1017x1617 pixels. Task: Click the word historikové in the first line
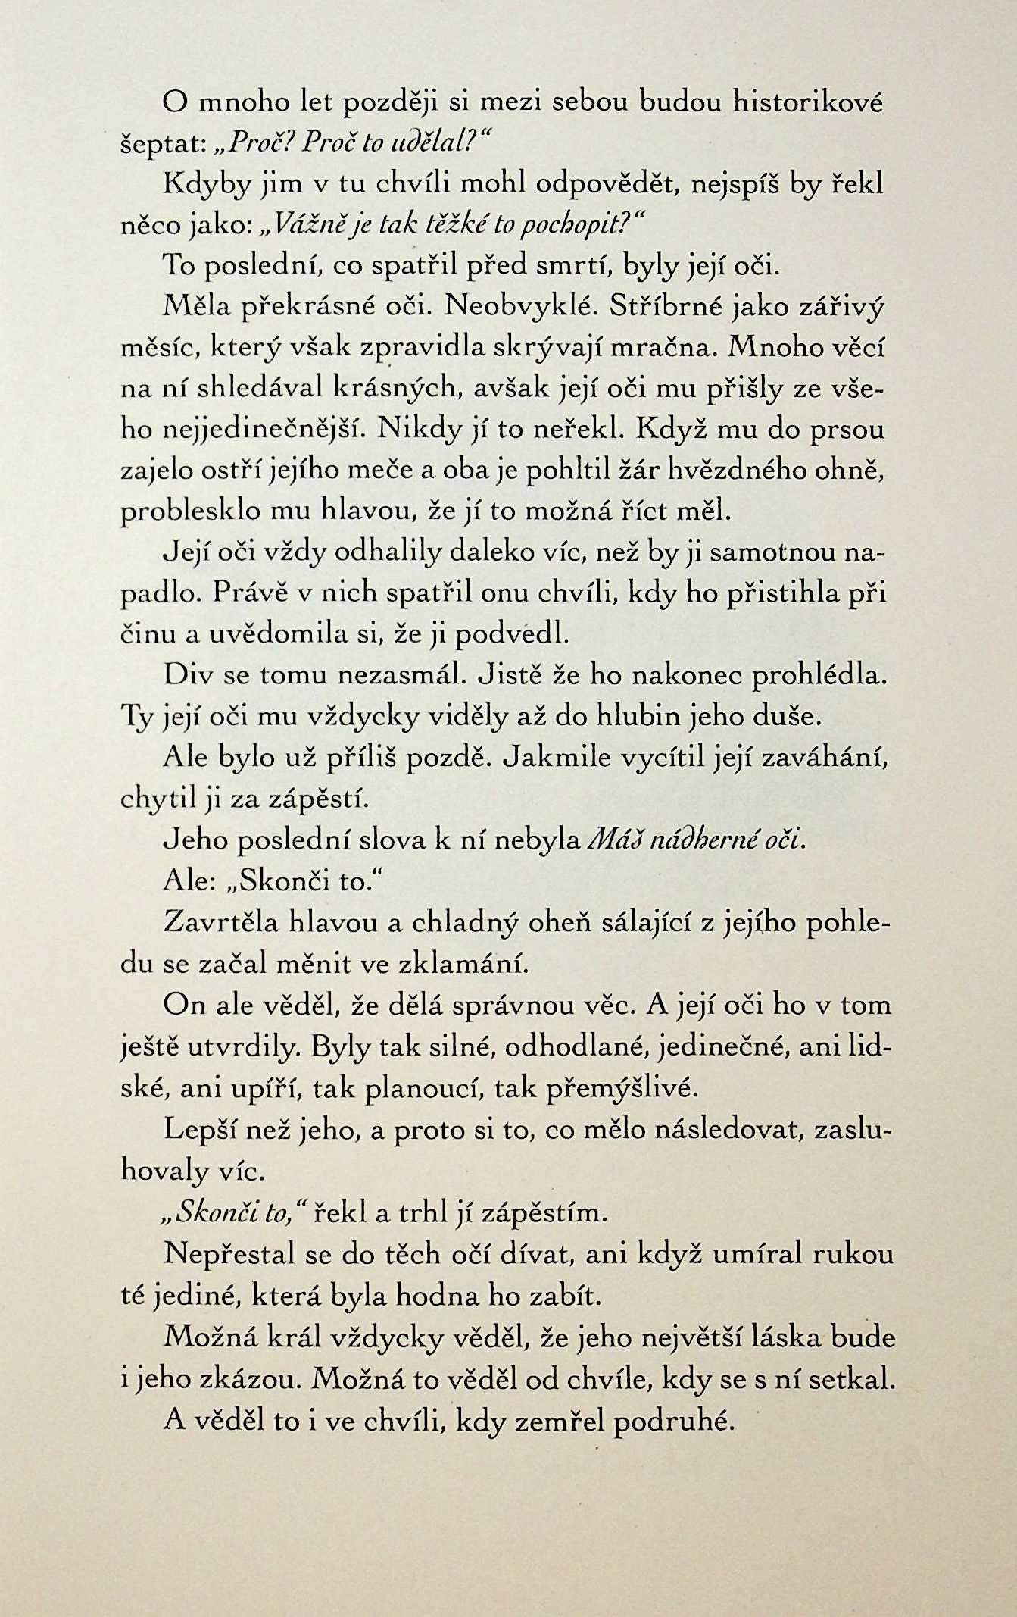(808, 105)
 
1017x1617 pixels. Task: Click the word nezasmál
(352, 674)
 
